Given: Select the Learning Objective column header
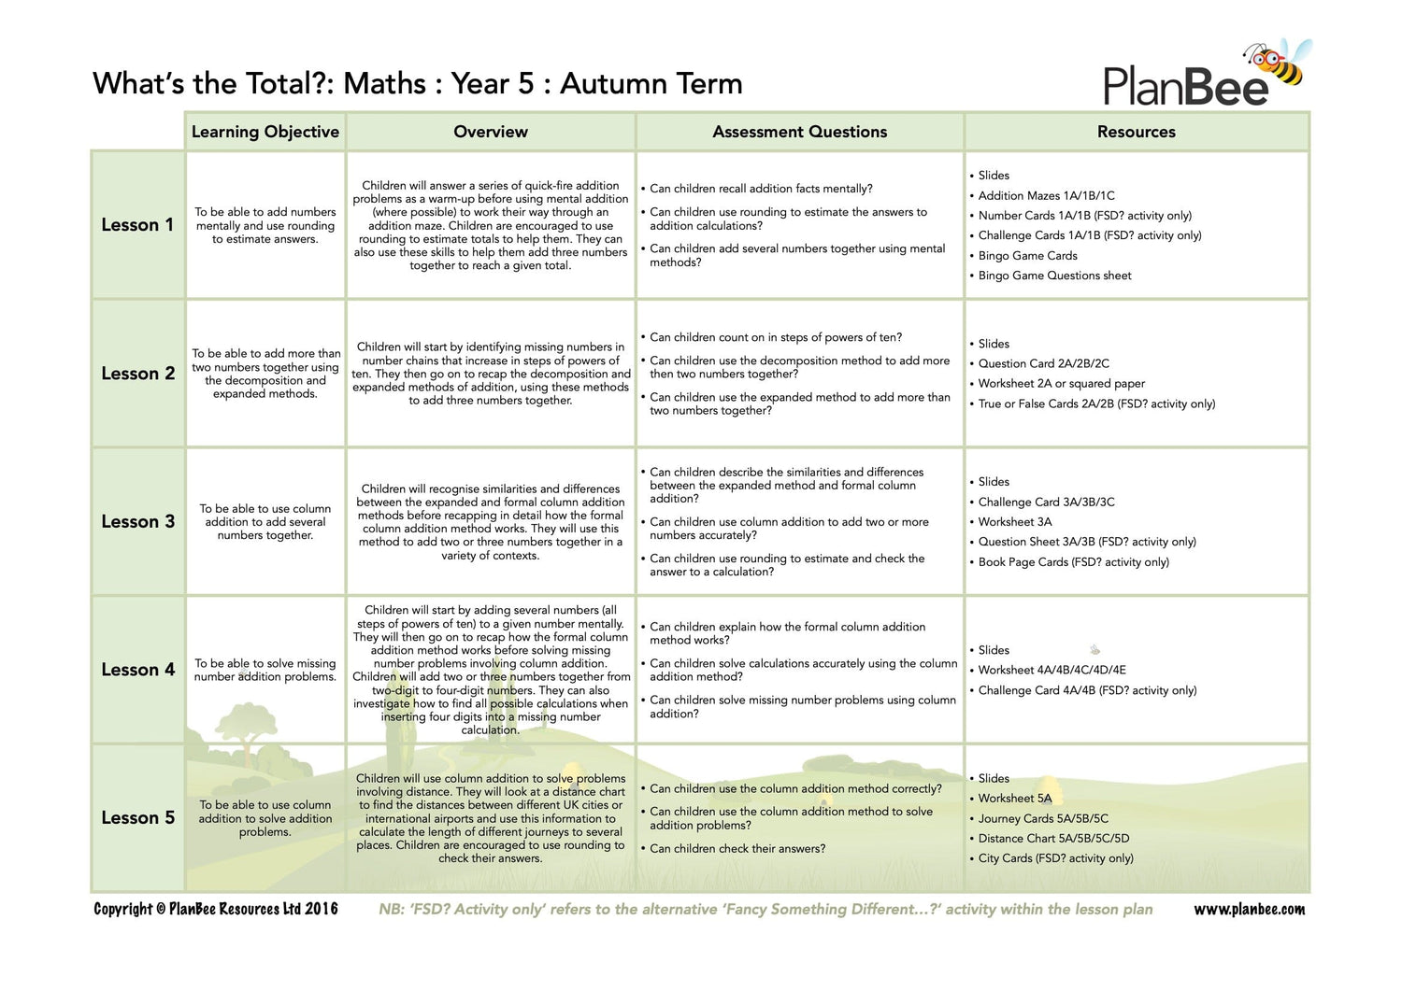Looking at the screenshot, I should pos(265,132).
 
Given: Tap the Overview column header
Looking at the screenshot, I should pos(491,132).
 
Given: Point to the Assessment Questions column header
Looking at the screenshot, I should pos(799,132).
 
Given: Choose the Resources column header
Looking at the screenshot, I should pos(1136,132).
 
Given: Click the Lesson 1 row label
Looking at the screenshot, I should pos(137,225).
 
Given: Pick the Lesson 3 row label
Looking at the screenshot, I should pos(137,521).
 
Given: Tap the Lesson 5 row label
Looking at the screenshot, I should pos(137,817).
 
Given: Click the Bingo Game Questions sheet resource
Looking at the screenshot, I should pos(1054,276).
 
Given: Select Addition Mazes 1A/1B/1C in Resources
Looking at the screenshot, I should pos(1046,195).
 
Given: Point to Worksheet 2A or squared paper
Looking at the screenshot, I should pos(1061,383).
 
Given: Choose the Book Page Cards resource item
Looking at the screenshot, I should pos(1073,561).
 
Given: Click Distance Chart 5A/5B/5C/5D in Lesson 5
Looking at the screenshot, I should pos(1053,838).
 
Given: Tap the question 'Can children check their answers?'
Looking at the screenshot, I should pos(737,848).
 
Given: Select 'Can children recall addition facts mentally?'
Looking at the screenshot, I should pos(761,189).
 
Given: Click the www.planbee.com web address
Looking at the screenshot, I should pos(1249,909).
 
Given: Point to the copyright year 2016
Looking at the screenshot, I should pos(322,909).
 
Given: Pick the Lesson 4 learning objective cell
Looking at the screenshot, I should pos(265,670).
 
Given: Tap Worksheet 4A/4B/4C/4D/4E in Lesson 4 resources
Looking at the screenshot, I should pos(1051,670).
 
